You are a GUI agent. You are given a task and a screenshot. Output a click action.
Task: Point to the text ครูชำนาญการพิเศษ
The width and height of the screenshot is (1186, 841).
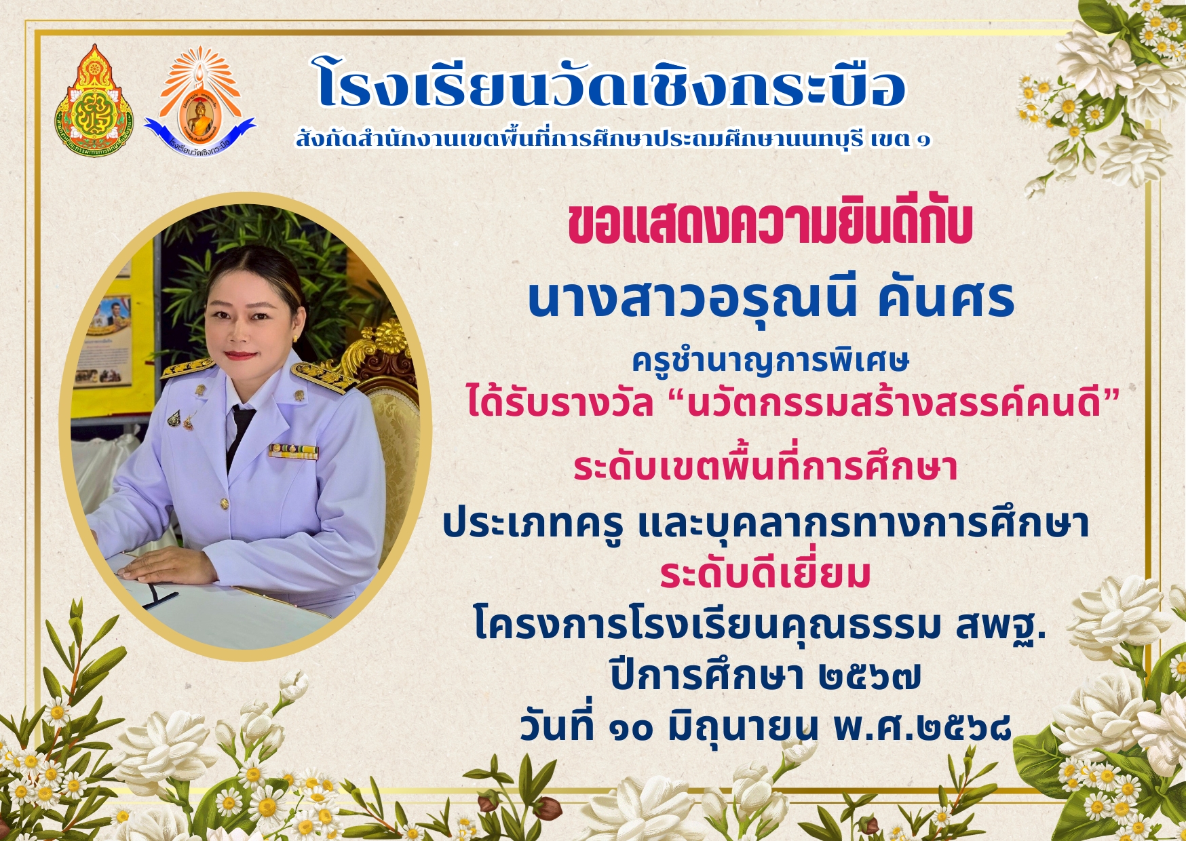[x=770, y=361]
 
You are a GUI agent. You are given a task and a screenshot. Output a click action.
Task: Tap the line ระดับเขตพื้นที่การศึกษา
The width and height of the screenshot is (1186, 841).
[x=765, y=467]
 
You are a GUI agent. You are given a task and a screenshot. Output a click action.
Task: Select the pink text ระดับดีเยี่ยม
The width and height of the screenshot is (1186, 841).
[x=765, y=574]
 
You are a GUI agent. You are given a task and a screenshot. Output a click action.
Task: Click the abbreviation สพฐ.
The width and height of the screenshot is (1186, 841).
[x=1001, y=627]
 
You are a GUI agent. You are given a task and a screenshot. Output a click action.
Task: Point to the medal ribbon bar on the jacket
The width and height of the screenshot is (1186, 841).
[x=293, y=451]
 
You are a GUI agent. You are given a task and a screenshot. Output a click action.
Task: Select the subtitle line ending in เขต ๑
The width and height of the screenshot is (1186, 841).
[x=613, y=140]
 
